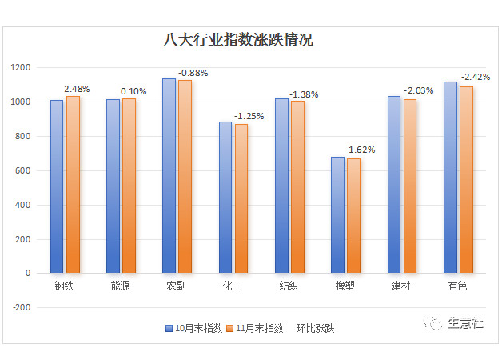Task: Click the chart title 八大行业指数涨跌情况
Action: (x=237, y=39)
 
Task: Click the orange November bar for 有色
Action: (x=466, y=179)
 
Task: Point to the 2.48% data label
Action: (x=78, y=89)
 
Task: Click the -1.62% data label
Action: (x=360, y=150)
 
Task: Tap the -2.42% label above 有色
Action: (x=474, y=77)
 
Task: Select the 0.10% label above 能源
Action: (x=133, y=91)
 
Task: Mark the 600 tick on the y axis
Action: (x=22, y=170)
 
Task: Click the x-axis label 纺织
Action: (x=289, y=286)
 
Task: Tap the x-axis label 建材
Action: (x=401, y=286)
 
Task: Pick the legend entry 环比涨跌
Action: (x=315, y=328)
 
